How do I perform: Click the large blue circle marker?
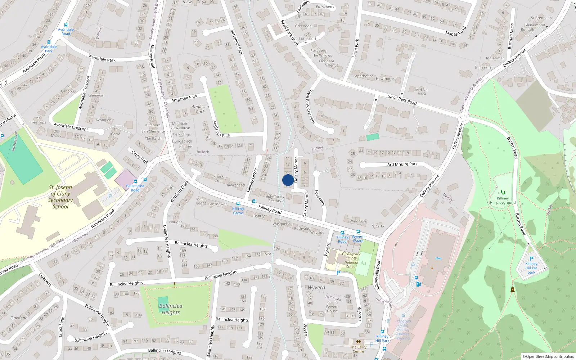point(288,180)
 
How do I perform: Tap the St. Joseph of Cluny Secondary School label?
point(60,197)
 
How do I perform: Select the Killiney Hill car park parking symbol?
point(531,259)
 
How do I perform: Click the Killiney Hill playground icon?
point(503,192)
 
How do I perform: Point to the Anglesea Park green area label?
point(200,109)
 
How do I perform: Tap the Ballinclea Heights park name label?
point(171,309)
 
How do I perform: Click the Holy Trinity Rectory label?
point(275,199)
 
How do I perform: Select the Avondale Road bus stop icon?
point(66,25)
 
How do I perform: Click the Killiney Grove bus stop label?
point(238,211)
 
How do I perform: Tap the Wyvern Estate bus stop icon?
point(358,232)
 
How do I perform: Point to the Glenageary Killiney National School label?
point(351,260)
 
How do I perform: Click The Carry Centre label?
point(358,349)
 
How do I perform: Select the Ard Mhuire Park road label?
point(402,164)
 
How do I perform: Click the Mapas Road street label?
point(456,31)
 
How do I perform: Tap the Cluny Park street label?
point(140,157)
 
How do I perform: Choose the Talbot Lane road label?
point(62,327)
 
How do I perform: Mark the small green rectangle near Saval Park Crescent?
point(373,137)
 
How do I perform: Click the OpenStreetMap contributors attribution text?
point(548,356)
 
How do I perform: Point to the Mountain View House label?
point(180,126)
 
